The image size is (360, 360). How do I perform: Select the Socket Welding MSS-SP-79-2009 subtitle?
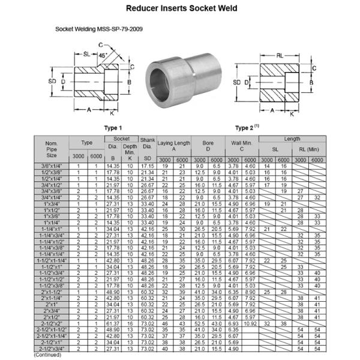[x=99, y=29]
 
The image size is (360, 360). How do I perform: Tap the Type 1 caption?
[x=112, y=128]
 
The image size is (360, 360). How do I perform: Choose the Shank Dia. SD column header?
[x=148, y=148]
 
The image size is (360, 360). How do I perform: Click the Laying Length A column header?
[x=174, y=145]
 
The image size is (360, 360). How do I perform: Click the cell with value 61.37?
[x=113, y=323]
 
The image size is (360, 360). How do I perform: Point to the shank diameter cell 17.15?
[x=148, y=165]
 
